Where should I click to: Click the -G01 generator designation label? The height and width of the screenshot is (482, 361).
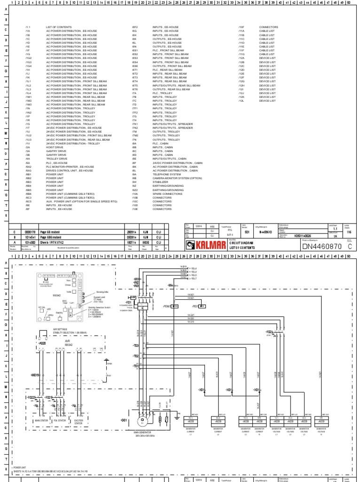pyautogui.click(x=124, y=419)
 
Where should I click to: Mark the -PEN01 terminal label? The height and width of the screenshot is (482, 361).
pyautogui.click(x=167, y=306)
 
